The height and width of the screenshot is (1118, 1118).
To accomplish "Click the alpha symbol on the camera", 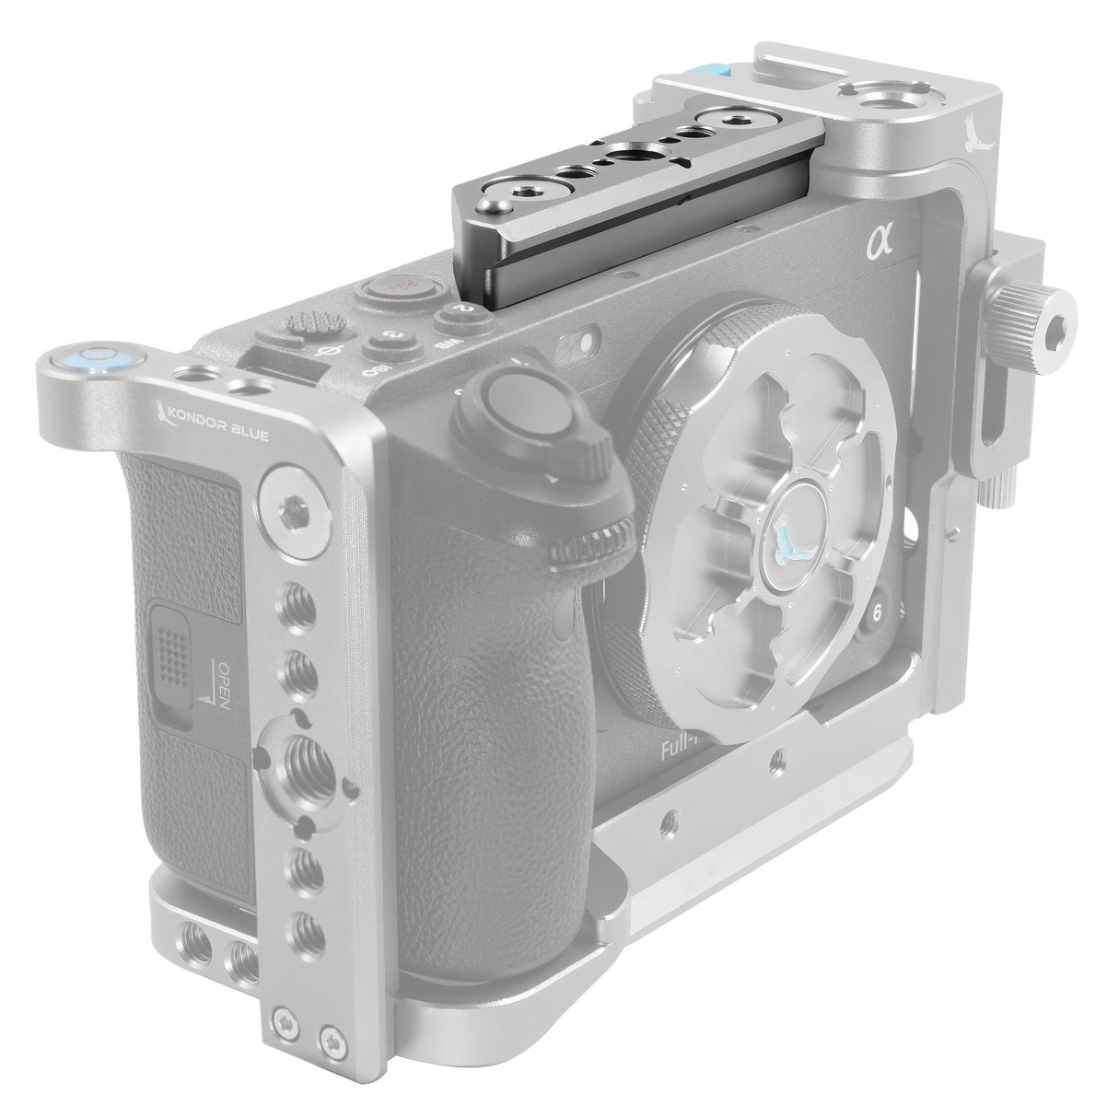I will [881, 245].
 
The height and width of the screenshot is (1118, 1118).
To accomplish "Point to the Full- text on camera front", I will [683, 749].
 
